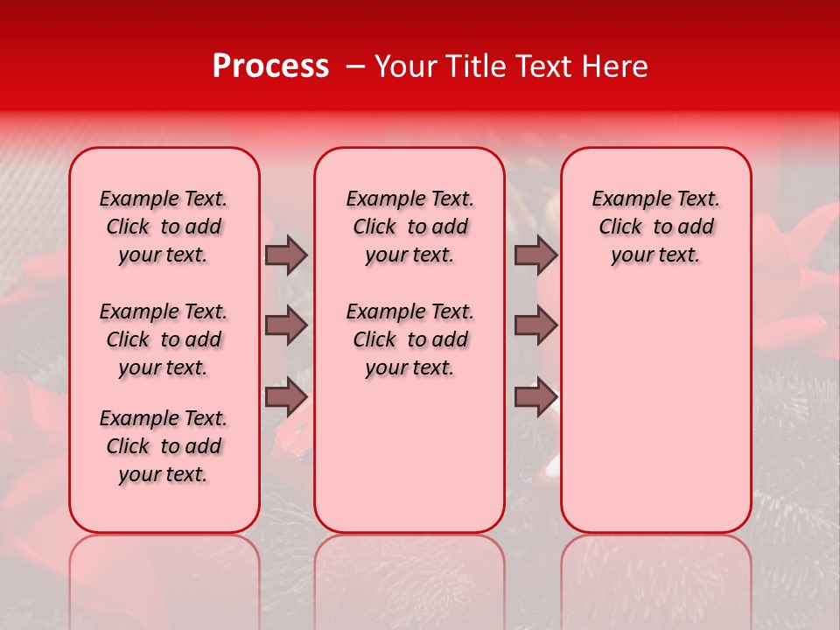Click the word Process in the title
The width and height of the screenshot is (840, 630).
[x=270, y=66]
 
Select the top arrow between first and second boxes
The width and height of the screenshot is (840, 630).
[x=286, y=255]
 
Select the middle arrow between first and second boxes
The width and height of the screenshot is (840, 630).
[x=286, y=326]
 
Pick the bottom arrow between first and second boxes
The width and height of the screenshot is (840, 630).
[x=286, y=397]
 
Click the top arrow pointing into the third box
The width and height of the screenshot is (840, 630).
[x=535, y=255]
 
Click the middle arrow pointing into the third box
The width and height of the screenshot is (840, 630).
[x=535, y=326]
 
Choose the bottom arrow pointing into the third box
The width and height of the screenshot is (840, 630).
[x=535, y=397]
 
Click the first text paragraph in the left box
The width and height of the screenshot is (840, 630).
[x=164, y=227]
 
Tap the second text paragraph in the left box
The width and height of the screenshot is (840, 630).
[x=164, y=339]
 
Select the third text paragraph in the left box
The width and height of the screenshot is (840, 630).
[x=164, y=446]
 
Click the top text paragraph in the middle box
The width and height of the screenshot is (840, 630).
[x=409, y=227]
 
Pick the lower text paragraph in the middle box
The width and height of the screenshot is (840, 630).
[x=409, y=339]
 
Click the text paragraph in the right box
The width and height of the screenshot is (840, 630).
[x=655, y=227]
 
